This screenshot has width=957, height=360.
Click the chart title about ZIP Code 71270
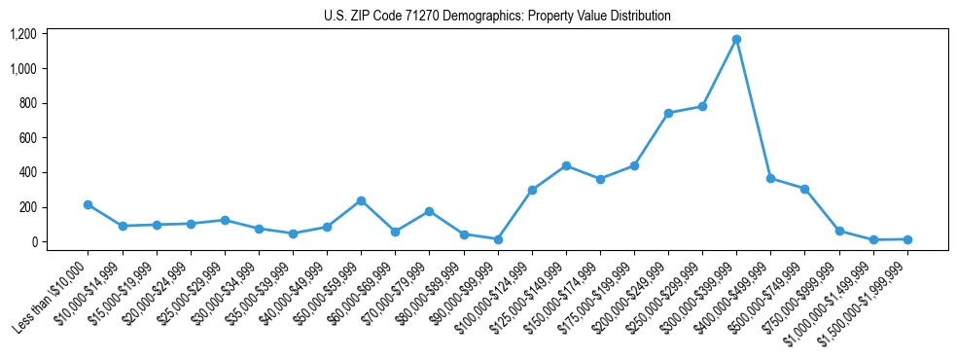(497, 17)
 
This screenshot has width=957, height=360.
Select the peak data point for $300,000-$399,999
(736, 40)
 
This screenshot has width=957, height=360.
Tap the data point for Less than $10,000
(88, 205)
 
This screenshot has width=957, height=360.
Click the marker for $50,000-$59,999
(361, 200)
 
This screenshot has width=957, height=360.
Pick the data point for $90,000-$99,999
(498, 239)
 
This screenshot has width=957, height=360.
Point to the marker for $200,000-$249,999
(668, 114)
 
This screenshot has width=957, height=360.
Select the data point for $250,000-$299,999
(702, 106)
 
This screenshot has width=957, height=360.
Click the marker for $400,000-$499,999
(770, 179)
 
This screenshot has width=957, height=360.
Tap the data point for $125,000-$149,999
(566, 166)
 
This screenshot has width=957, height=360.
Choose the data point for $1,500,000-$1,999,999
(907, 239)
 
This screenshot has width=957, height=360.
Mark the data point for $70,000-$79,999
(429, 211)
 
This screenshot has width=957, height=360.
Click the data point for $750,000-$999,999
(838, 232)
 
